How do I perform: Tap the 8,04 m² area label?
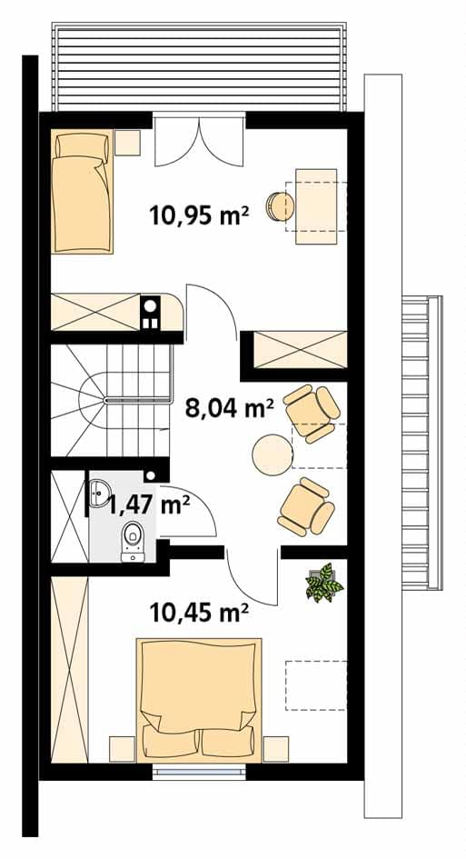coord(229,409)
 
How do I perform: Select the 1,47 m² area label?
coord(149,504)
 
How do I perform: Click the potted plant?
coord(324,583)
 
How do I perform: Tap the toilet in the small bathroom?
coord(133,540)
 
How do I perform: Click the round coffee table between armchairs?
coord(273,454)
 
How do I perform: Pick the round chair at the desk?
coord(280,206)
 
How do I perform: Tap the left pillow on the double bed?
coord(170,741)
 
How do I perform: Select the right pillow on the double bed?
coord(228,741)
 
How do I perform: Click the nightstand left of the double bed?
coord(122,749)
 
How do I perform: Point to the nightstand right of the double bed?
coord(275,749)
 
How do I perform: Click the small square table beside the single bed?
coord(128,143)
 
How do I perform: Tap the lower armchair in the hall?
coord(306,506)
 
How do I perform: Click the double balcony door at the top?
coord(199,140)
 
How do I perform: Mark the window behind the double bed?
coord(199,772)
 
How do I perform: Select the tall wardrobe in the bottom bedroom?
coord(70,669)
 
